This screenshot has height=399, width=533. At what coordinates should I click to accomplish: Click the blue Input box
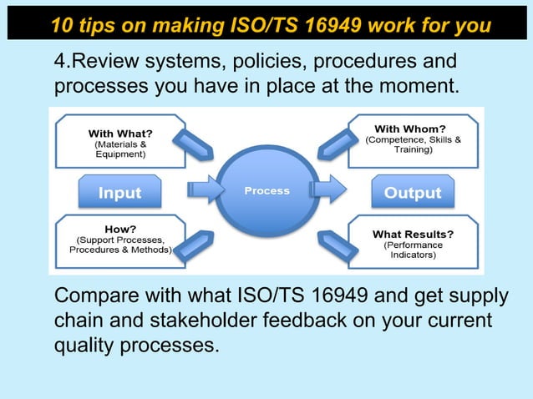[120, 193]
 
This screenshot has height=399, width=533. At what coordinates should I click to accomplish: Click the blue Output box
[412, 193]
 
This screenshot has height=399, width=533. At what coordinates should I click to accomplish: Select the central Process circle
[266, 191]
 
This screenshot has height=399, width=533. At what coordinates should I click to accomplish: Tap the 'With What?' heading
[119, 132]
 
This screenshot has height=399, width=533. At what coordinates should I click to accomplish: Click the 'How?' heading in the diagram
[121, 227]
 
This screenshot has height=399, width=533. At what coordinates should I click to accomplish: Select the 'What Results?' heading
[413, 234]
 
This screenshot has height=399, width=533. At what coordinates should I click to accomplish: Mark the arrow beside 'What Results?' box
[339, 243]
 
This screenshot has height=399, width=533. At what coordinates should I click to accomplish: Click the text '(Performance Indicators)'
[413, 250]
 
